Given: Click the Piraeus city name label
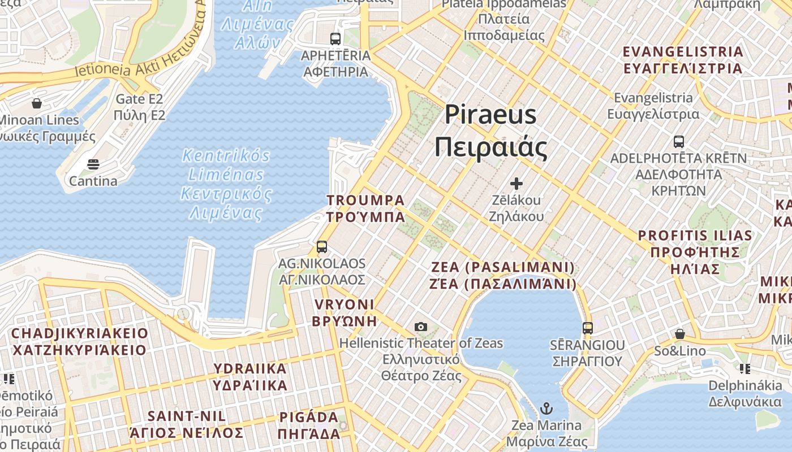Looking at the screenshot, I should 490,131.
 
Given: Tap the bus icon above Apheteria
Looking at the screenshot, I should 335,39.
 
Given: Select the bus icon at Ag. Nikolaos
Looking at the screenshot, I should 322,247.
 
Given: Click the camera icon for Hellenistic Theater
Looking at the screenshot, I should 420,327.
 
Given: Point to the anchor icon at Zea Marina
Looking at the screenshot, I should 546,408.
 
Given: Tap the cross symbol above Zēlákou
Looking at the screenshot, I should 516,184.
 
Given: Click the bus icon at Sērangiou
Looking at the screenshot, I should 588,328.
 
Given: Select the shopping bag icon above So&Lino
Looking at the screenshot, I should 679,334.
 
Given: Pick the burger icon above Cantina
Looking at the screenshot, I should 93,164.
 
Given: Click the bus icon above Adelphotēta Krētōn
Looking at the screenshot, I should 679,142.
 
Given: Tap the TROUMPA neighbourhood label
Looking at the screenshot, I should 365,208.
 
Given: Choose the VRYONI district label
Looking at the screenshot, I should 345,312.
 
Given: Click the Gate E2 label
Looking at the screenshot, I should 139,107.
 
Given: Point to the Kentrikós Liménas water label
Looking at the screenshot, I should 226,184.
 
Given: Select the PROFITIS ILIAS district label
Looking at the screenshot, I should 695,251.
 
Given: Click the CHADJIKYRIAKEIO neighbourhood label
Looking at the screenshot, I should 79,341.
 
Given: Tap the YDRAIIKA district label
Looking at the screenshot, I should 249,377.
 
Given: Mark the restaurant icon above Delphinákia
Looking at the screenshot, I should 745,369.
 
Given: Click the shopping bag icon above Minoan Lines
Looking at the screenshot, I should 37,103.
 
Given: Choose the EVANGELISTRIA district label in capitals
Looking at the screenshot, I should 682,60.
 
